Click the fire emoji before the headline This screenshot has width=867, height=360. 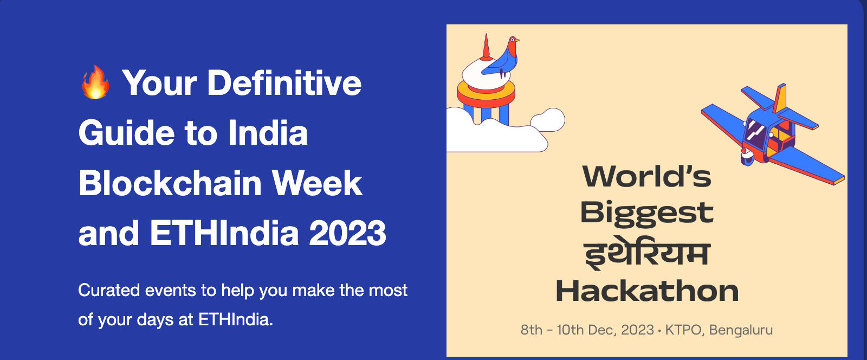tap(95, 82)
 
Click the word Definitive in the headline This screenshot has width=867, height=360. tap(284, 82)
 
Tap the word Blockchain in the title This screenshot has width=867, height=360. tap(170, 183)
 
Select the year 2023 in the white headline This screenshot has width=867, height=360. tap(347, 233)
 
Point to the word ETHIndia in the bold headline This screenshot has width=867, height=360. tap(224, 233)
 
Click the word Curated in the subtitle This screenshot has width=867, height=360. tap(109, 290)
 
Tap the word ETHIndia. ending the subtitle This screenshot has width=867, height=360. tap(236, 320)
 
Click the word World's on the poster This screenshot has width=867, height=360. tap(647, 177)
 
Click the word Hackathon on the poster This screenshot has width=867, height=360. tap(647, 291)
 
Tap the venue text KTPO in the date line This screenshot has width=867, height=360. tap(683, 330)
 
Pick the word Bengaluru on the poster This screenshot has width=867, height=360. tap(741, 330)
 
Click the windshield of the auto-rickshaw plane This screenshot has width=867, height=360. tap(755, 130)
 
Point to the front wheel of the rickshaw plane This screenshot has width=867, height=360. tap(747, 157)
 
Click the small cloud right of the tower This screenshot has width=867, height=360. tap(548, 119)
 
